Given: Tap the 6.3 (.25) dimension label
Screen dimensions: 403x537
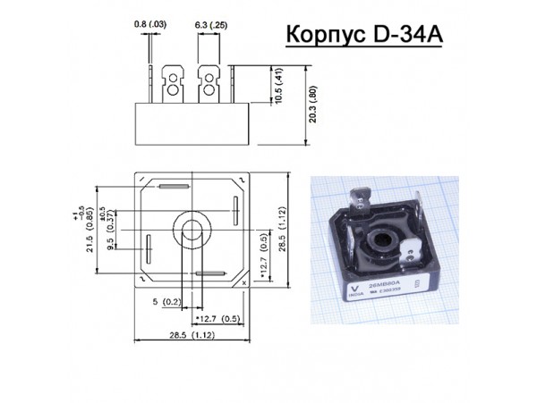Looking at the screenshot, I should pyautogui.click(x=210, y=21).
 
